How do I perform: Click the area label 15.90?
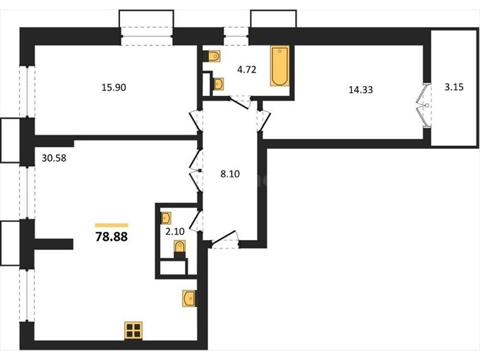[x=113, y=88]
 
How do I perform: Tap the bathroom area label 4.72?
[x=247, y=70]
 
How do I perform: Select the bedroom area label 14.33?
[x=361, y=89]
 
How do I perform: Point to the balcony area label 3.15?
[x=454, y=87]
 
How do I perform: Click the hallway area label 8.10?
[x=230, y=174]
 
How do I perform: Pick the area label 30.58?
[x=54, y=158]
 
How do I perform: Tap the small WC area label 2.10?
[x=175, y=232]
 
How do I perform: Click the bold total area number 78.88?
[x=112, y=236]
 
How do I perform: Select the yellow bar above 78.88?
[x=112, y=226]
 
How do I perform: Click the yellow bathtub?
[x=280, y=66]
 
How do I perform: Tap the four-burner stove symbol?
[x=133, y=331]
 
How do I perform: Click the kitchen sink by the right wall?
[x=189, y=298]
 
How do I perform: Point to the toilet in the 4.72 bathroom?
[x=214, y=56]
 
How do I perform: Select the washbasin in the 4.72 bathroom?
[x=218, y=84]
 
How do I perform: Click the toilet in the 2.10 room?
[x=179, y=248]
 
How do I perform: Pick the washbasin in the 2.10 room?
[x=166, y=218]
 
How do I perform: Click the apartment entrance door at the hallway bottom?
[x=225, y=239]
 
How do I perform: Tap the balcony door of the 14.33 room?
[x=424, y=105]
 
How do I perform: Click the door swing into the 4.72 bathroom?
[x=241, y=103]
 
